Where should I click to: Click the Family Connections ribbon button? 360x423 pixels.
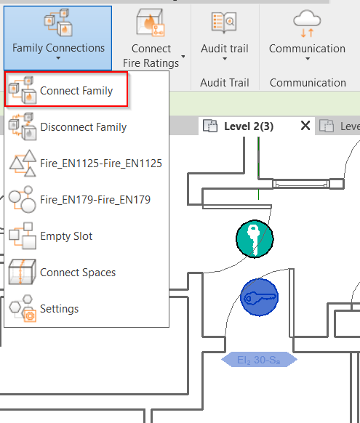pyautogui.click(x=57, y=38)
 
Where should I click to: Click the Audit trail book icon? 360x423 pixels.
pyautogui.click(x=224, y=23)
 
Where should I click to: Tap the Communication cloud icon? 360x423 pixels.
pyautogui.click(x=307, y=23)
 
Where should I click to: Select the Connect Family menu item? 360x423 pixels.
pyautogui.click(x=66, y=89)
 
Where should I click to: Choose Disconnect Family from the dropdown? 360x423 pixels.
pyautogui.click(x=68, y=126)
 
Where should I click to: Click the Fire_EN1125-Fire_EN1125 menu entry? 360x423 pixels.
pyautogui.click(x=85, y=164)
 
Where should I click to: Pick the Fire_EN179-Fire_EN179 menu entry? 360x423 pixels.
pyautogui.click(x=79, y=200)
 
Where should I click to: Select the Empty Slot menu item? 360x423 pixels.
pyautogui.click(x=51, y=236)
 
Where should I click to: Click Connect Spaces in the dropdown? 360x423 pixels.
pyautogui.click(x=62, y=273)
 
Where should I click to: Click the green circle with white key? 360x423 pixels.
pyautogui.click(x=255, y=239)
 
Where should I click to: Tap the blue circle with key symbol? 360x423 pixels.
pyautogui.click(x=260, y=297)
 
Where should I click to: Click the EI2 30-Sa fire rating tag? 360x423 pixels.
pyautogui.click(x=259, y=360)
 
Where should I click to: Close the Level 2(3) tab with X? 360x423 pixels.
pyautogui.click(x=305, y=126)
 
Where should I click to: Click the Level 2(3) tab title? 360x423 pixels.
pyautogui.click(x=249, y=126)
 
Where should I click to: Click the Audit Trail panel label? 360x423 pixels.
pyautogui.click(x=225, y=83)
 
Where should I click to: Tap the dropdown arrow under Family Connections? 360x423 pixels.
pyautogui.click(x=58, y=58)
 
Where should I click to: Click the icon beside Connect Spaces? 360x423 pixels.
pyautogui.click(x=22, y=272)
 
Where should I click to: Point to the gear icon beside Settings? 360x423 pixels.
pyautogui.click(x=30, y=315)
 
